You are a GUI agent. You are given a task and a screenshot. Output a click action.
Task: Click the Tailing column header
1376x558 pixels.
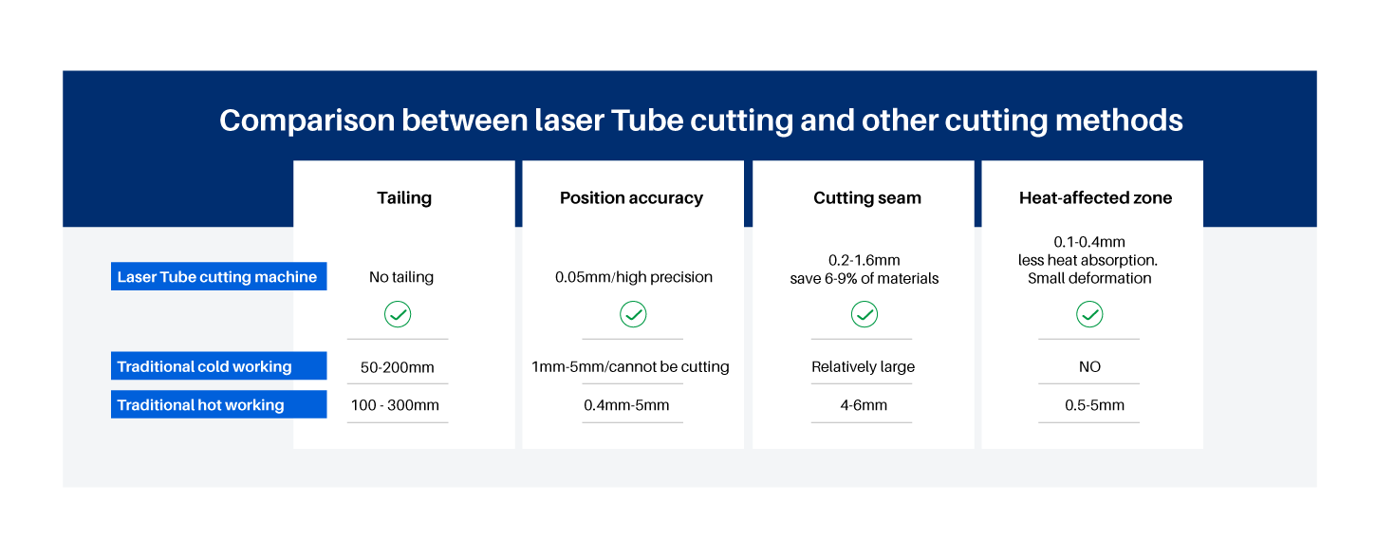click(x=404, y=198)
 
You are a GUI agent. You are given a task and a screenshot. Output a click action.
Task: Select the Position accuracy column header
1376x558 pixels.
click(x=631, y=198)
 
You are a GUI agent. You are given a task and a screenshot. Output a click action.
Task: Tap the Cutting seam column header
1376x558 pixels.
click(x=867, y=198)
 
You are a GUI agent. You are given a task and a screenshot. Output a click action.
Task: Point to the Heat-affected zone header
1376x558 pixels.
click(x=1095, y=198)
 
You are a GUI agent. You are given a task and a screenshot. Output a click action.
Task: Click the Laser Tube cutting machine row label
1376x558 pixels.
click(x=217, y=276)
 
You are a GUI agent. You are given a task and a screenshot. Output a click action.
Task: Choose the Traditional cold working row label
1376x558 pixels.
click(x=217, y=366)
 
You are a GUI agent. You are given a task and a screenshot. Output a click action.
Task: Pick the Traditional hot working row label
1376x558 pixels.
click(x=217, y=404)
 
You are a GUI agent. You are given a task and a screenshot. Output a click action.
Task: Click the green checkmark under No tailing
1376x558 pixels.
click(x=398, y=314)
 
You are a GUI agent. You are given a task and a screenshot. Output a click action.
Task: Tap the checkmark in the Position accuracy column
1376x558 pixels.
click(x=633, y=314)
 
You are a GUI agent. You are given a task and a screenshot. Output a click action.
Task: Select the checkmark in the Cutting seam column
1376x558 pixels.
click(x=865, y=314)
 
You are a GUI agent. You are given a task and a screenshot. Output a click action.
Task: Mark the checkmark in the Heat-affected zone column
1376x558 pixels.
click(x=1089, y=314)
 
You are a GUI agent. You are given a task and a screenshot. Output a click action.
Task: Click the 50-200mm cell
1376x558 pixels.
click(x=397, y=367)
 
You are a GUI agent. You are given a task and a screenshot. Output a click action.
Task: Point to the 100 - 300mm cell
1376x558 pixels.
click(x=395, y=405)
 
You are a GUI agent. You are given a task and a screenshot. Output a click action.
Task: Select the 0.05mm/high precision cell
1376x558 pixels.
click(x=633, y=277)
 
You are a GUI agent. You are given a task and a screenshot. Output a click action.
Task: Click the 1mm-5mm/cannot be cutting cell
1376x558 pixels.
click(x=630, y=367)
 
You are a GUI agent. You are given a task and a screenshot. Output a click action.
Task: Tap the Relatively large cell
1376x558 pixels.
click(x=863, y=367)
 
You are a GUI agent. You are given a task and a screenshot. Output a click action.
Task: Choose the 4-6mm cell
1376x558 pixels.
click(x=864, y=405)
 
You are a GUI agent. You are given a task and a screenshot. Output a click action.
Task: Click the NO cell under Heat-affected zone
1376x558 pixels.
click(x=1089, y=367)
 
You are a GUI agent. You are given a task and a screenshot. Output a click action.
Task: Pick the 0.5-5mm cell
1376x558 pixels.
click(x=1095, y=405)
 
